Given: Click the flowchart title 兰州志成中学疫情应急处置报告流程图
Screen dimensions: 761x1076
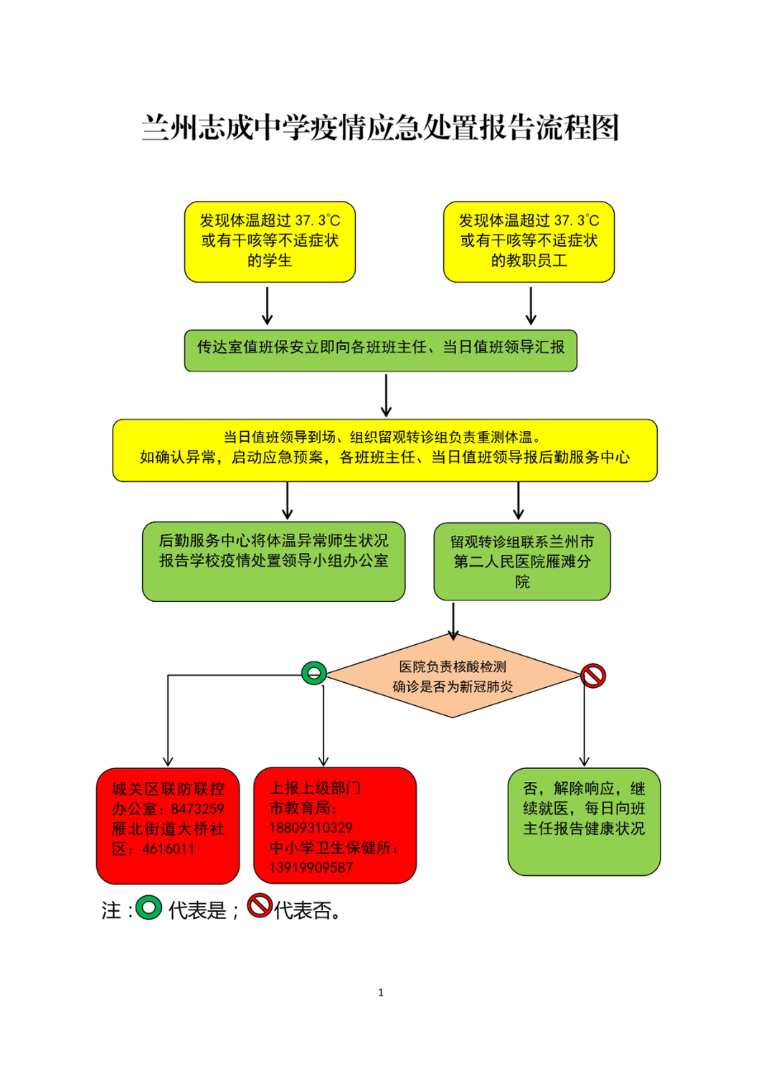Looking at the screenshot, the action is click(380, 128).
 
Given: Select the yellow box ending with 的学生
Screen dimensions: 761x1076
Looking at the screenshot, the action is click(270, 242).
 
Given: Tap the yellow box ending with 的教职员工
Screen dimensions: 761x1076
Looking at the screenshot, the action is click(529, 242).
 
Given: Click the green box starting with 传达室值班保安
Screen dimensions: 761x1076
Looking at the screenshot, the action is click(380, 351).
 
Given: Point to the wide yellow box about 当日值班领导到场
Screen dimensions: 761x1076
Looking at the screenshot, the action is click(385, 450).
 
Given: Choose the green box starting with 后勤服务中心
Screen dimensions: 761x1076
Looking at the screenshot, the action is click(274, 562).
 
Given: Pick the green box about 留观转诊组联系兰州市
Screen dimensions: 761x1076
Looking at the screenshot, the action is click(522, 562).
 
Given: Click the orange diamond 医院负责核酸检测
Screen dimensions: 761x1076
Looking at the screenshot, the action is click(453, 676).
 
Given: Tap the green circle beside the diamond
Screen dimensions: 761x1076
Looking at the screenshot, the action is click(314, 673).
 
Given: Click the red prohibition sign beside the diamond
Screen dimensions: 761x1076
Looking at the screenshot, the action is click(593, 676).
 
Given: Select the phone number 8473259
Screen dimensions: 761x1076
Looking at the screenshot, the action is click(197, 809).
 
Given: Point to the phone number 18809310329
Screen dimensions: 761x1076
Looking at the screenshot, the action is click(311, 828).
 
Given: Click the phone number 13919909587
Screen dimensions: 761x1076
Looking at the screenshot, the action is click(311, 867).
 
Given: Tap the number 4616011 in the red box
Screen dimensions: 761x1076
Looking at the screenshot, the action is click(168, 849).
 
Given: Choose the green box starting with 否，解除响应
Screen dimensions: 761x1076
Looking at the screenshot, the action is click(585, 821).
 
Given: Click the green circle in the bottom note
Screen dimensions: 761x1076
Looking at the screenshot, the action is click(148, 908).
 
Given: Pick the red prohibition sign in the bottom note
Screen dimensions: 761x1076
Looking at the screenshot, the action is click(260, 906).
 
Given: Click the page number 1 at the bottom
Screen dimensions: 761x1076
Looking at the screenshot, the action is click(381, 992).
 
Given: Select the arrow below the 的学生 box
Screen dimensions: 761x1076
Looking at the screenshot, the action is click(267, 306).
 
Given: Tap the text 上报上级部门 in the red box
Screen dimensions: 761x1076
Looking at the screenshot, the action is click(315, 788).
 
